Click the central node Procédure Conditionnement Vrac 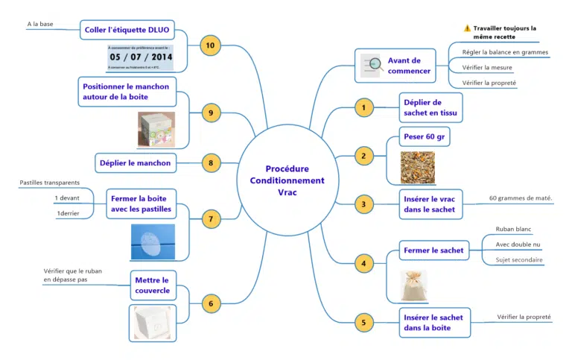tap(287, 180)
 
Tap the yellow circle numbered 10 tap(211, 45)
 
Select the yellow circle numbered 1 tap(363, 108)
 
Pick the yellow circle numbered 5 tap(363, 322)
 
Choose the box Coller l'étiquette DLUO tap(127, 30)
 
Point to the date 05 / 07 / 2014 tap(140, 57)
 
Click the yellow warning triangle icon tap(467, 28)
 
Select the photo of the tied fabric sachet tap(414, 286)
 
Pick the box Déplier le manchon tap(135, 162)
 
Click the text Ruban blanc tap(513, 229)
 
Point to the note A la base tap(40, 24)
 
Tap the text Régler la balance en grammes tap(505, 52)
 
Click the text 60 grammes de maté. tap(520, 198)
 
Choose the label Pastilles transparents tap(48, 183)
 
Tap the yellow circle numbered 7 tap(211, 219)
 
